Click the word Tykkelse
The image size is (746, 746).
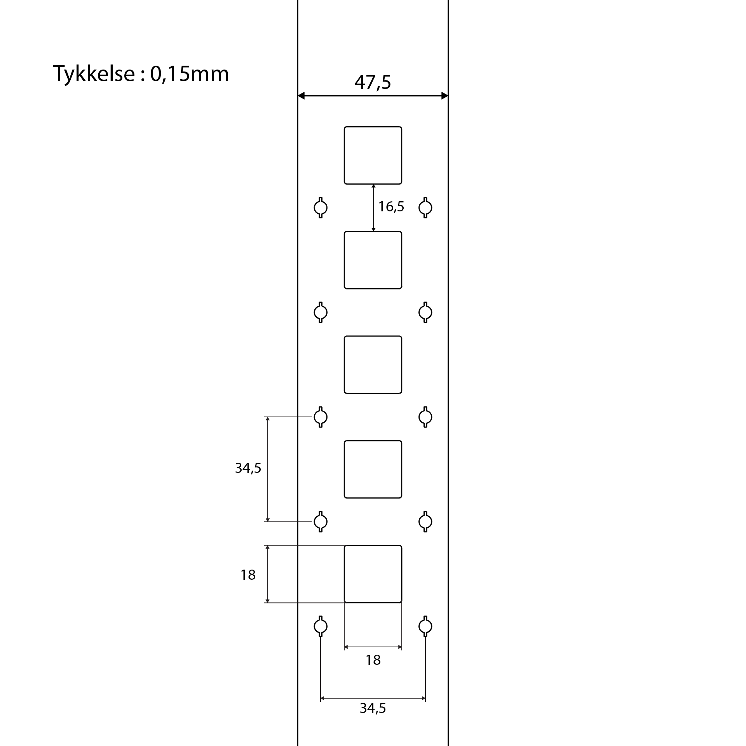click(x=94, y=74)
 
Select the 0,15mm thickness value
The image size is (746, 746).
click(x=190, y=74)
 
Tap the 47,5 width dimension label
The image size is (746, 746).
click(x=373, y=82)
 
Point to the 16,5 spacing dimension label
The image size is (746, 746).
click(x=391, y=207)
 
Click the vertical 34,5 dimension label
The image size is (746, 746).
click(x=248, y=468)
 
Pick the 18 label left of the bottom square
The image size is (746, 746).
click(x=248, y=575)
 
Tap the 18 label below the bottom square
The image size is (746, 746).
click(x=373, y=660)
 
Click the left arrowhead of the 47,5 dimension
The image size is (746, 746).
click(x=301, y=96)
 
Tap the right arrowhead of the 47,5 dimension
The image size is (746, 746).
click(x=445, y=96)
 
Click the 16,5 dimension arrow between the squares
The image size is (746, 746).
click(x=373, y=208)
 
